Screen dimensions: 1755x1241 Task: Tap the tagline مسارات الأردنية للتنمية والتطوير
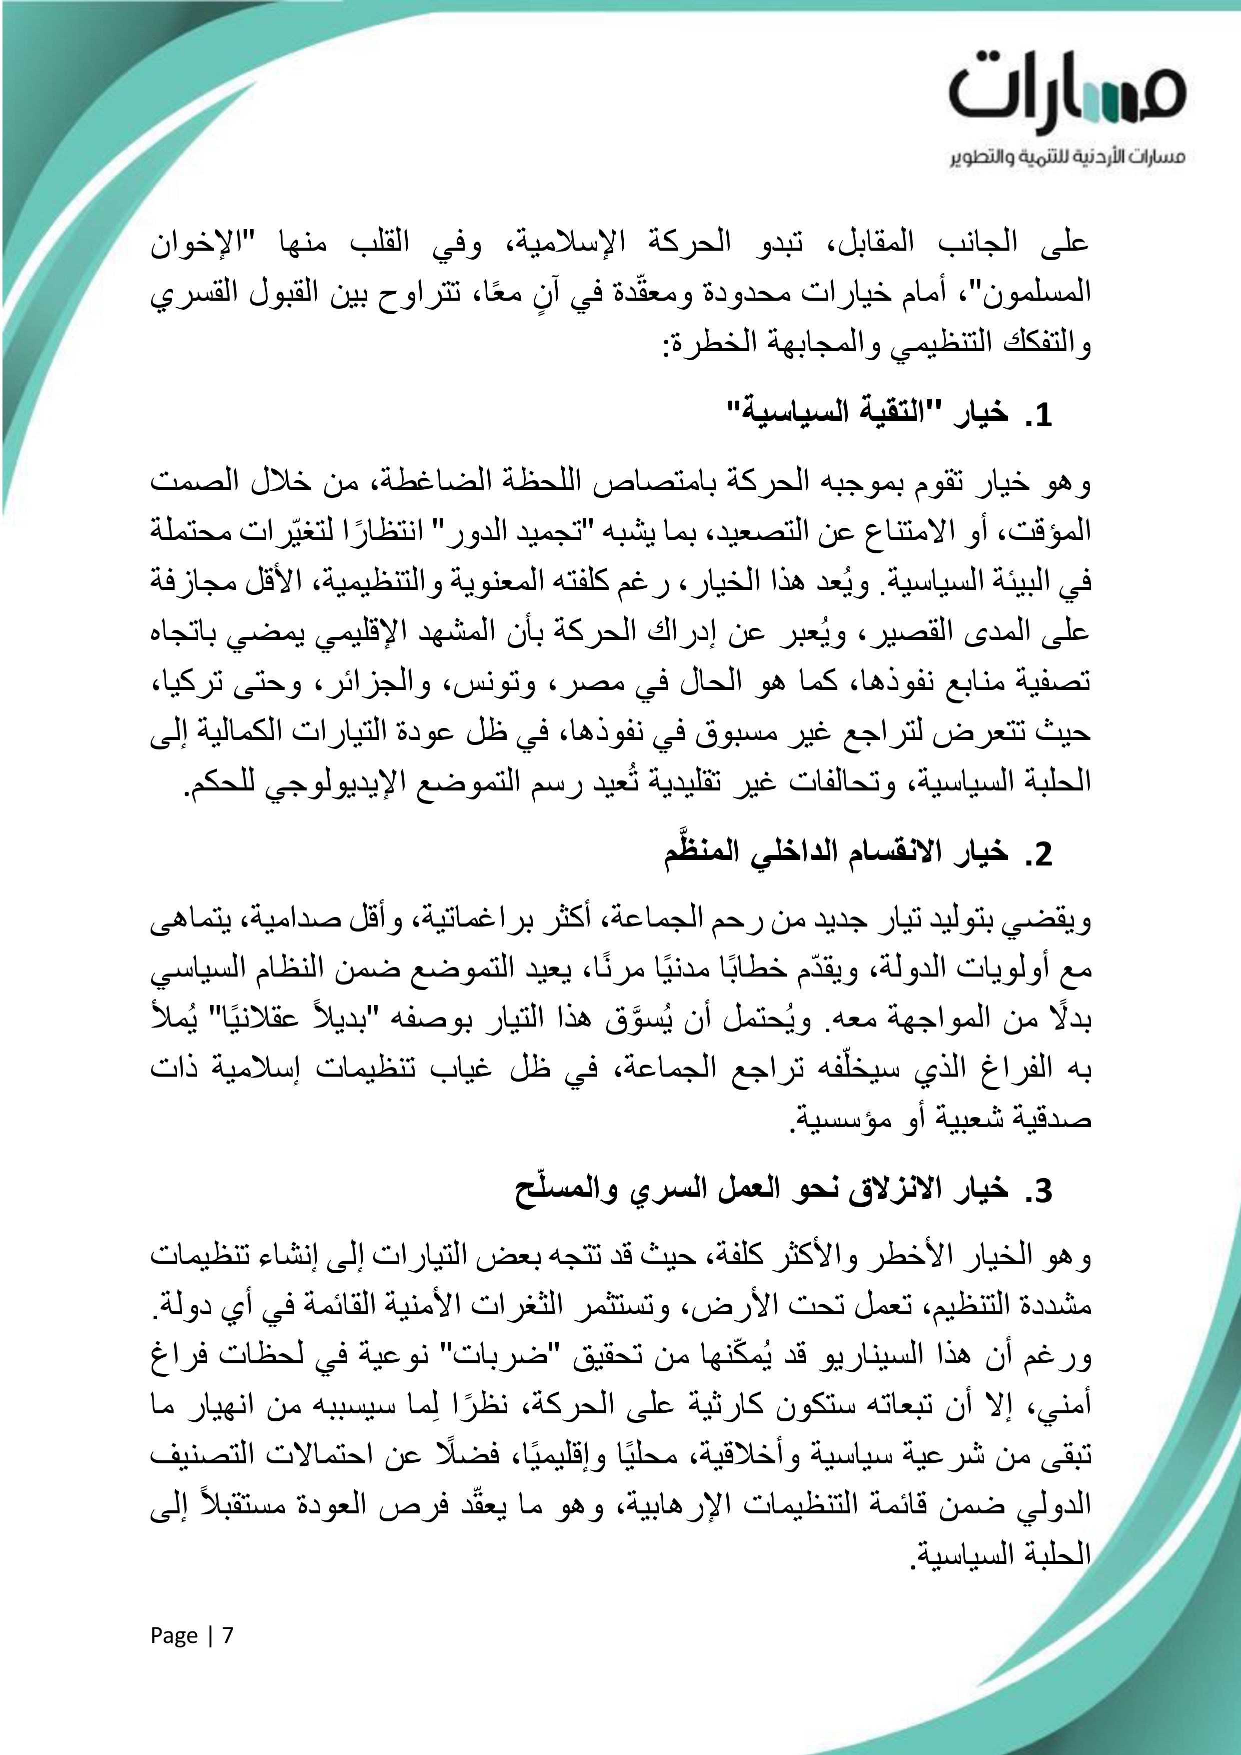coord(1067,158)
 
